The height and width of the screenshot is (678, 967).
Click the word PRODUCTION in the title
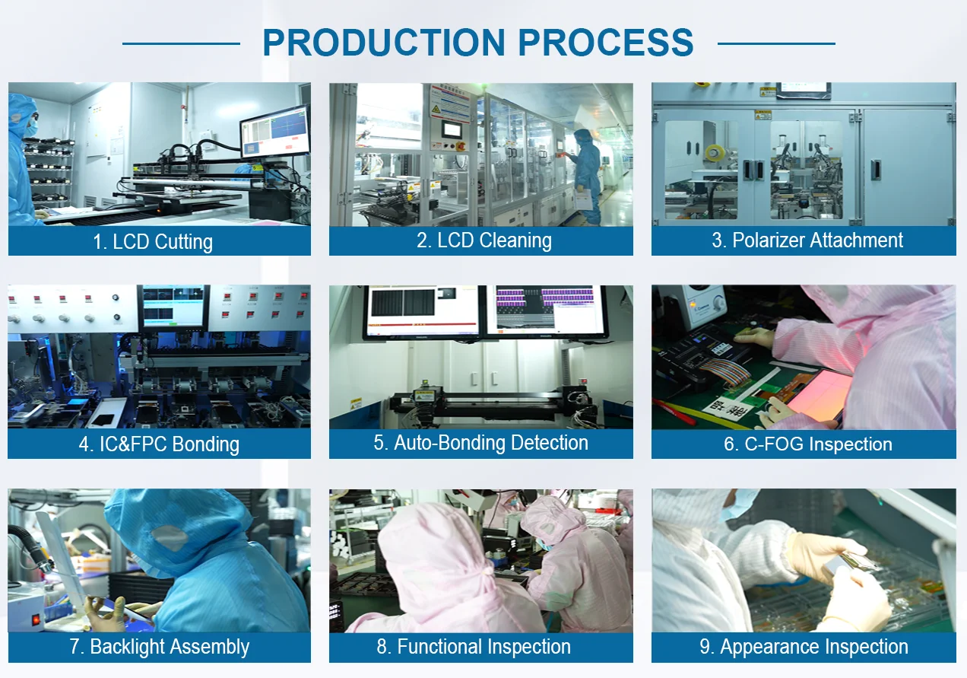[x=384, y=43]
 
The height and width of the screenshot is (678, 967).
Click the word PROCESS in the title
[x=605, y=43]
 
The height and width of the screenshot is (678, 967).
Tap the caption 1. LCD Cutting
[x=153, y=242]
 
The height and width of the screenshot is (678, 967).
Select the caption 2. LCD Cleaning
[x=484, y=240]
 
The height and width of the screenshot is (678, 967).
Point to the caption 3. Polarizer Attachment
[x=807, y=240]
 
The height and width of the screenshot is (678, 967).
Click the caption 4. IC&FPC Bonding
[x=159, y=444]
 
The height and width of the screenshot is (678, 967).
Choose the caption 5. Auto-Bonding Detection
[x=481, y=443]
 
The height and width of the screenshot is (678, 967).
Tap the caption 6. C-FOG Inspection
[x=807, y=444]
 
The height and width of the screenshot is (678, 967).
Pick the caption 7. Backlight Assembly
[x=160, y=647]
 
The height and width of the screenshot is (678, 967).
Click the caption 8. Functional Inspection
[x=474, y=647]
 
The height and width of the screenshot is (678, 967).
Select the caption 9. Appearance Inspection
[x=804, y=647]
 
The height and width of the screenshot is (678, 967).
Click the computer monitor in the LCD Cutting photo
[x=275, y=132]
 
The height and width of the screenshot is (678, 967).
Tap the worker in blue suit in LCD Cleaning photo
[x=587, y=177]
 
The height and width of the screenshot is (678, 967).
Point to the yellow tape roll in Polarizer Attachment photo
[x=715, y=153]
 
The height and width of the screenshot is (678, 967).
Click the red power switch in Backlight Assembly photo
[x=36, y=619]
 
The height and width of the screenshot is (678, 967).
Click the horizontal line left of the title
[x=181, y=43]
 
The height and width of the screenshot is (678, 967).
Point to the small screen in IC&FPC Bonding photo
[x=173, y=307]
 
